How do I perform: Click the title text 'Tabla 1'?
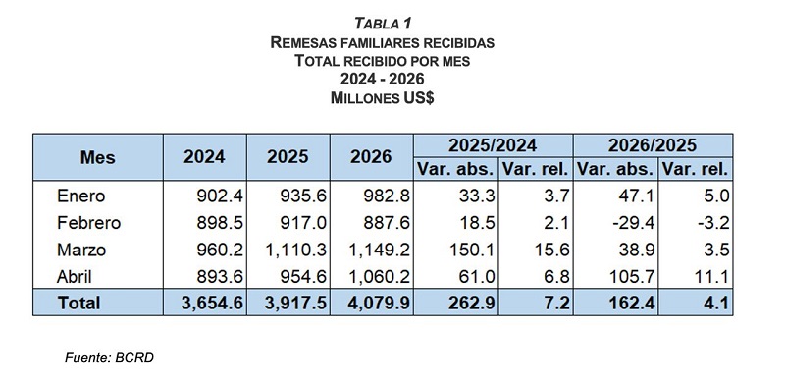pos(383,24)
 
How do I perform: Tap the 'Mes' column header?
pos(97,157)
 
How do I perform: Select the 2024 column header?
pos(204,157)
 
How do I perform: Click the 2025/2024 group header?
pos(493,145)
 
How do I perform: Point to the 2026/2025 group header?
pos(653,145)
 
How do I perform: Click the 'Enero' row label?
pos(81,195)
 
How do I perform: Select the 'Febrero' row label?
pos(89,223)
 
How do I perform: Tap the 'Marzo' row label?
pos(81,250)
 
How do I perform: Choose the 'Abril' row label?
pos(75,277)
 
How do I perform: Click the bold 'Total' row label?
pos(78,303)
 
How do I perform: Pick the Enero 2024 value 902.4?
pos(219,195)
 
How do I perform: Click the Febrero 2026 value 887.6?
pos(387,223)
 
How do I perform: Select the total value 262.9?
pos(472,303)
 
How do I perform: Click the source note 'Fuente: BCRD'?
pos(109,358)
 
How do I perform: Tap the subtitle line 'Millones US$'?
pos(383,98)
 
